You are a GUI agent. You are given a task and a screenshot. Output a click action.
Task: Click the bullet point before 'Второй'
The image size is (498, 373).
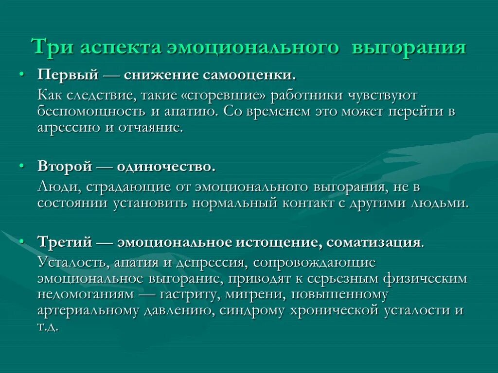[x=21, y=166]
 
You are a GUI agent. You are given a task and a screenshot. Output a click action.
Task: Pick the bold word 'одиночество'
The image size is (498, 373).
[x=165, y=167]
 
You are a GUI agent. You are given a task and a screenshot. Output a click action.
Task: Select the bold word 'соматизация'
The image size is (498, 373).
[x=373, y=242]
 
